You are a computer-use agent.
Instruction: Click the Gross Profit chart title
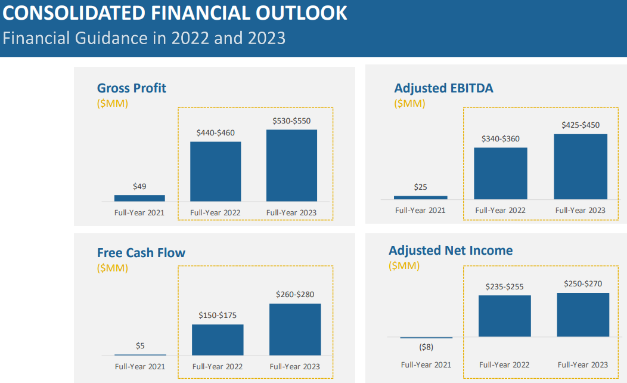[x=132, y=88]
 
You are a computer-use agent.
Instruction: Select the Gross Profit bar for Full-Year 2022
[x=215, y=171]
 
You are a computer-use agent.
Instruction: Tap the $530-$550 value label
[x=291, y=121]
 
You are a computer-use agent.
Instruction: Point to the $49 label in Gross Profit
[x=139, y=186]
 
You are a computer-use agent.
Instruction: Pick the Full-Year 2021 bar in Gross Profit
[x=139, y=198]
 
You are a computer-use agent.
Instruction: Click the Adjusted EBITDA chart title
[x=443, y=88]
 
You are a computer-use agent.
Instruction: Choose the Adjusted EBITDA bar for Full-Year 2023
[x=581, y=166]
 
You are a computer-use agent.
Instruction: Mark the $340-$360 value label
[x=501, y=138]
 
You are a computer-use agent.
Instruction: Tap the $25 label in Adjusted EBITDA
[x=420, y=187]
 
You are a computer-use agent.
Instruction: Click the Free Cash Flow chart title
[x=141, y=252]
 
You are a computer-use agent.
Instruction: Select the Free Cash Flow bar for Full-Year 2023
[x=295, y=329]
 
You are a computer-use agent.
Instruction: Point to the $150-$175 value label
[x=218, y=315]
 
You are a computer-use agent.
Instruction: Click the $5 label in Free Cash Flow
[x=140, y=345]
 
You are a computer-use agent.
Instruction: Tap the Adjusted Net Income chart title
[x=451, y=251]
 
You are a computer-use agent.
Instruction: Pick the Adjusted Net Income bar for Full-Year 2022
[x=504, y=316]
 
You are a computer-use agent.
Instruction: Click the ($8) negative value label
[x=426, y=347]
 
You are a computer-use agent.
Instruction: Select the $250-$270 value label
[x=583, y=284]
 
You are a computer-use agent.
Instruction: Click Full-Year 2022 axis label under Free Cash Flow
[x=217, y=366]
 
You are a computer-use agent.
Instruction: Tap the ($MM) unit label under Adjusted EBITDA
[x=409, y=103]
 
